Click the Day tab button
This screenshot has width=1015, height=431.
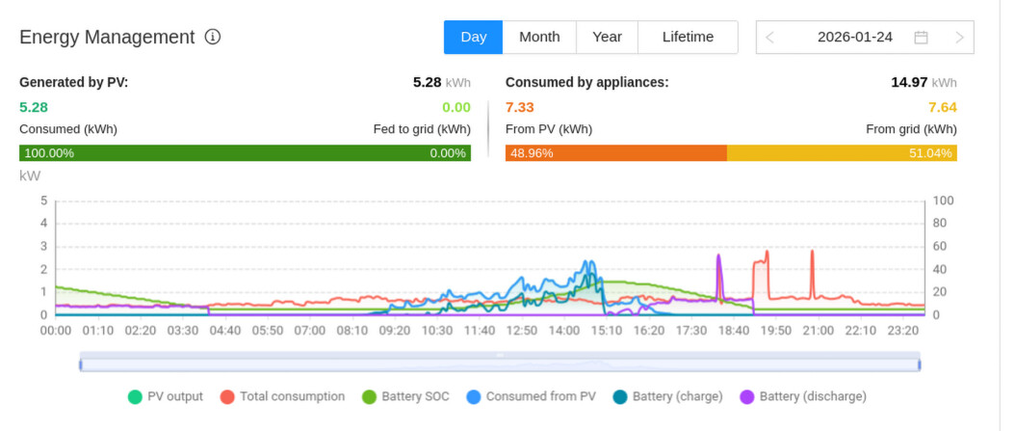(x=473, y=38)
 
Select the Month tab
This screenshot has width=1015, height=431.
(x=539, y=38)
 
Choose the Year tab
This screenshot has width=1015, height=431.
(x=607, y=38)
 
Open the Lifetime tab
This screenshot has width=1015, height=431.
(x=688, y=38)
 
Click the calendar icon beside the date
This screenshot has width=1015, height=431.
(x=921, y=38)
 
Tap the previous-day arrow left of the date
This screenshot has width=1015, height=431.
(x=770, y=38)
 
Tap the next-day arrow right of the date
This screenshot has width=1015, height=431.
(x=959, y=38)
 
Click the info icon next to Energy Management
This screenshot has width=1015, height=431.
(x=213, y=38)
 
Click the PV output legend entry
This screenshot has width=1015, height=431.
(x=166, y=396)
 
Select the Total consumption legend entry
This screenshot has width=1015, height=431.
(x=282, y=396)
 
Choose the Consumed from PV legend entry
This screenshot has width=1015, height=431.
(x=531, y=396)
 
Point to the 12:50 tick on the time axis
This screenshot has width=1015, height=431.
(x=522, y=331)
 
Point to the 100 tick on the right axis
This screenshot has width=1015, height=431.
(x=943, y=201)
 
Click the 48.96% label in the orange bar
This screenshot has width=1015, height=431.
(x=532, y=153)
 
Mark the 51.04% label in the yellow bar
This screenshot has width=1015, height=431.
(x=930, y=153)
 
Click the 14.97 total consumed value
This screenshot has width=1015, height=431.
(x=908, y=82)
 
